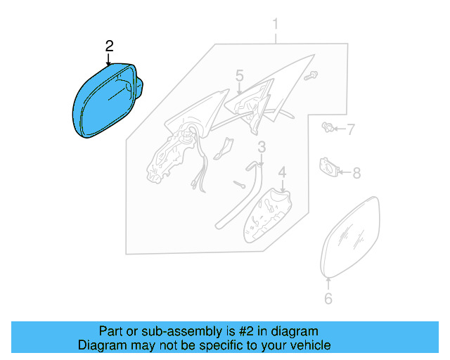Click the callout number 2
tap(109, 46)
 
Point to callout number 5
tap(239, 75)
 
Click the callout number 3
tap(261, 147)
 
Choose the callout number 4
tap(282, 172)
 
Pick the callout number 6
tap(328, 299)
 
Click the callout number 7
tap(351, 129)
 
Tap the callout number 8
tap(356, 172)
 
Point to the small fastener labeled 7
tap(327, 127)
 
